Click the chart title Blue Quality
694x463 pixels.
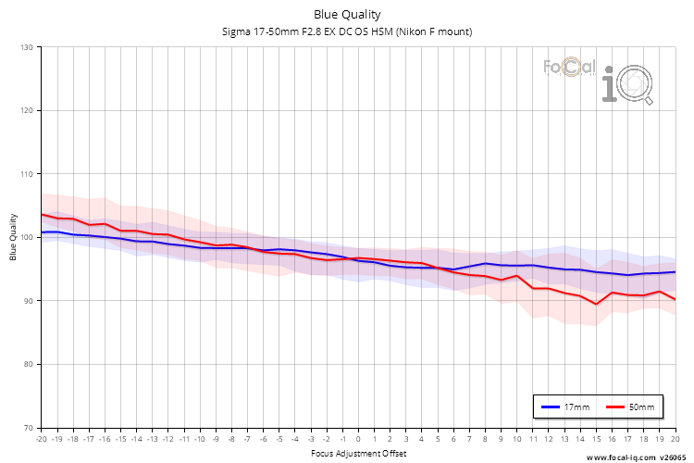(346, 15)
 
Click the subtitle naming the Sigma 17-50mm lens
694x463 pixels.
(346, 31)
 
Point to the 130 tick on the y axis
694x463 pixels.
(26, 47)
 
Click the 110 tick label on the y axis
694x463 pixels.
(26, 174)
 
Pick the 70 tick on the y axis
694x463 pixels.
(28, 428)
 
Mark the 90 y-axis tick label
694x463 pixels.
(28, 301)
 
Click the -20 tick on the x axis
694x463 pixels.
(41, 439)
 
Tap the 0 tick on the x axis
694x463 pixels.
(358, 439)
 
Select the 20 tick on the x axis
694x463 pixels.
(675, 439)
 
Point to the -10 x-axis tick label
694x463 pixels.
(199, 439)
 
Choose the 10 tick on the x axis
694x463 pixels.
(516, 439)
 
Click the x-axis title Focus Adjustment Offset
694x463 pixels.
(357, 453)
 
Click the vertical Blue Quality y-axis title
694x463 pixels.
(14, 237)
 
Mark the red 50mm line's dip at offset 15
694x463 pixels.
(596, 304)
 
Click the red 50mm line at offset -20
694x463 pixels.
(42, 214)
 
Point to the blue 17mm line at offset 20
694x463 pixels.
(675, 272)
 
